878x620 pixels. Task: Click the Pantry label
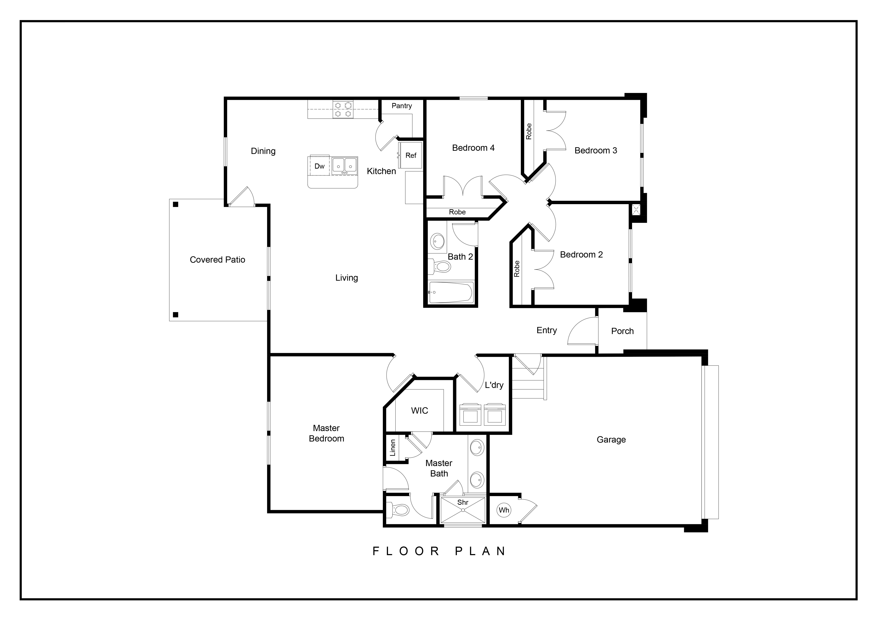tap(402, 106)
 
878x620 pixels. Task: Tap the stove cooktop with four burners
tap(343, 109)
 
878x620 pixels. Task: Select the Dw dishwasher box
tap(319, 166)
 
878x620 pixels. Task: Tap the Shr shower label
tap(463, 502)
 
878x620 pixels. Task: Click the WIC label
tap(419, 411)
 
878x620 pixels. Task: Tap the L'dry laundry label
tap(494, 385)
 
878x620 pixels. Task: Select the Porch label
tap(622, 331)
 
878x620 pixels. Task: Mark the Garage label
tap(611, 440)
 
